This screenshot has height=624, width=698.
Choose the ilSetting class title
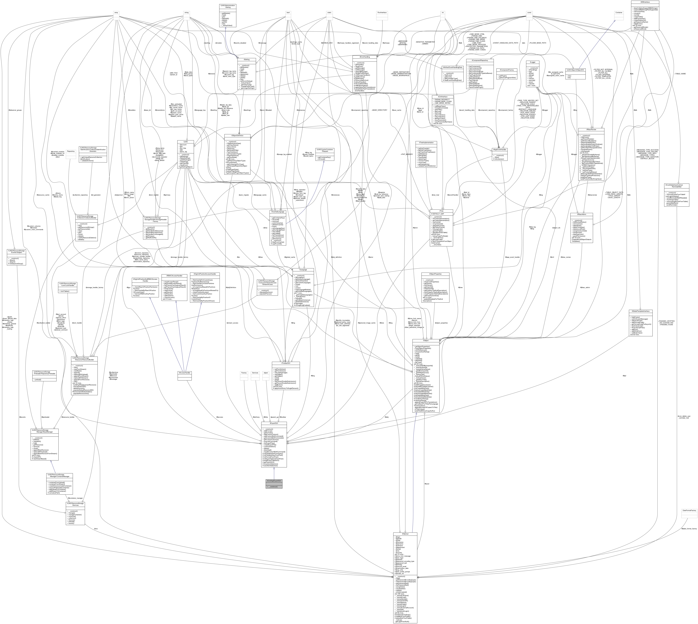point(246,59)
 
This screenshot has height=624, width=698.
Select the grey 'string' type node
point(187,13)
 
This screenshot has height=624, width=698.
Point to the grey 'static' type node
point(330,13)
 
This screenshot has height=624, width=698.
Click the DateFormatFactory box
point(689,511)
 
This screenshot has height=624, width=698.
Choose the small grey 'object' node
point(265,373)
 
